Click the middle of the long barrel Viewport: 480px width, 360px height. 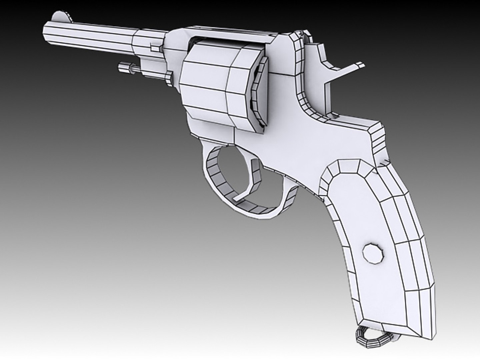pyautogui.click(x=90, y=37)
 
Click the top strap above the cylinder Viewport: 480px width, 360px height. pyautogui.click(x=230, y=37)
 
